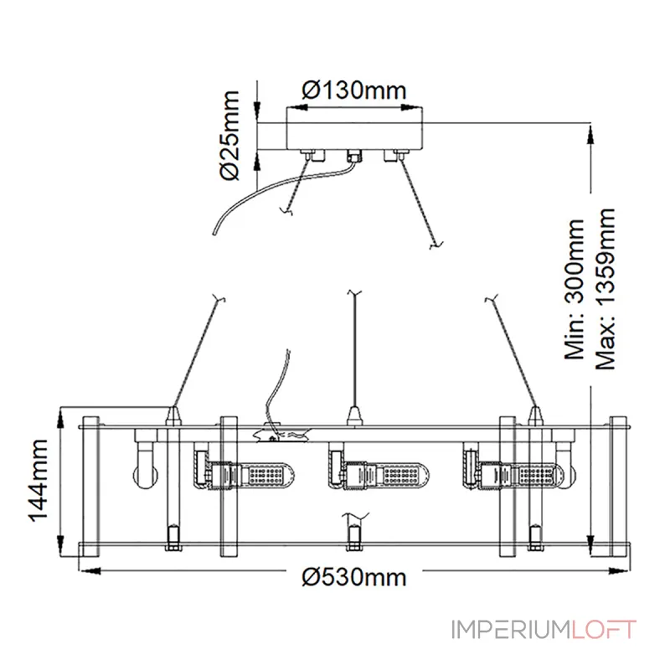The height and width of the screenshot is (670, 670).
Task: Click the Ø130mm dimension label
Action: (354, 90)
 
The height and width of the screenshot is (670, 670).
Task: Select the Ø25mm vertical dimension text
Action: (230, 136)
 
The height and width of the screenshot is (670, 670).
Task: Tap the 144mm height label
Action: (39, 480)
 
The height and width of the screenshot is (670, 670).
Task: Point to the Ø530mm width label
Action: (354, 577)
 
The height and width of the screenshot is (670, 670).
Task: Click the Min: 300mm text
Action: (575, 289)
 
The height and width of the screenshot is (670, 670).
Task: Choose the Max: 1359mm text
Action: (606, 289)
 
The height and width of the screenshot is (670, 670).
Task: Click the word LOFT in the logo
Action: (603, 630)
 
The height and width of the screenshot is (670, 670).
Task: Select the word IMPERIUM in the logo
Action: (511, 630)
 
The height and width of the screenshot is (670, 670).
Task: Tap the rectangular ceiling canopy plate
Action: (354, 128)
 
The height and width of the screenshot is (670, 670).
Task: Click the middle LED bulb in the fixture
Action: (379, 473)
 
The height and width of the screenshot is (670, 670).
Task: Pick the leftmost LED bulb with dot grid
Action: (245, 473)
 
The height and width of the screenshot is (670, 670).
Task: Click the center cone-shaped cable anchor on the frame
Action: (354, 416)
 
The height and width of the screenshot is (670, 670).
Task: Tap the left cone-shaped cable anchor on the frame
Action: (173, 416)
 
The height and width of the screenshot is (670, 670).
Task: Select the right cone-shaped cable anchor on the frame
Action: (535, 416)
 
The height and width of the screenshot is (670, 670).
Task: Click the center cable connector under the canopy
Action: (354, 156)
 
